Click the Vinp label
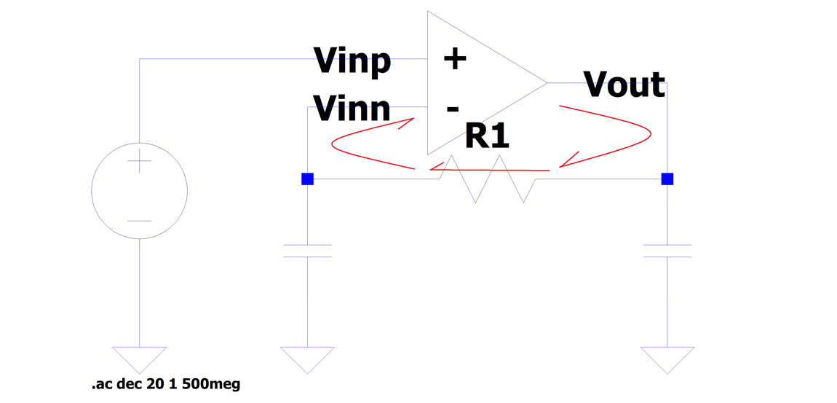[x=352, y=60]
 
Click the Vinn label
[x=352, y=108]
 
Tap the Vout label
[x=624, y=85]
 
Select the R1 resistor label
[x=486, y=136]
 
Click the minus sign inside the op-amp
[x=453, y=109]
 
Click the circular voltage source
[x=140, y=190]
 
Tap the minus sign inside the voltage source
[x=140, y=220]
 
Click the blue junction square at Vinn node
[x=307, y=179]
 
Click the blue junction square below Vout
[x=667, y=179]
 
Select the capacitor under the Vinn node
[x=307, y=251]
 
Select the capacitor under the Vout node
[x=667, y=251]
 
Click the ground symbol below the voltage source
[x=140, y=358]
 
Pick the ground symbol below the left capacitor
[x=307, y=358]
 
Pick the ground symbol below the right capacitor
[x=667, y=358]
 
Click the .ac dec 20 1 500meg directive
[x=166, y=384]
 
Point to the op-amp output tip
[x=546, y=83]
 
